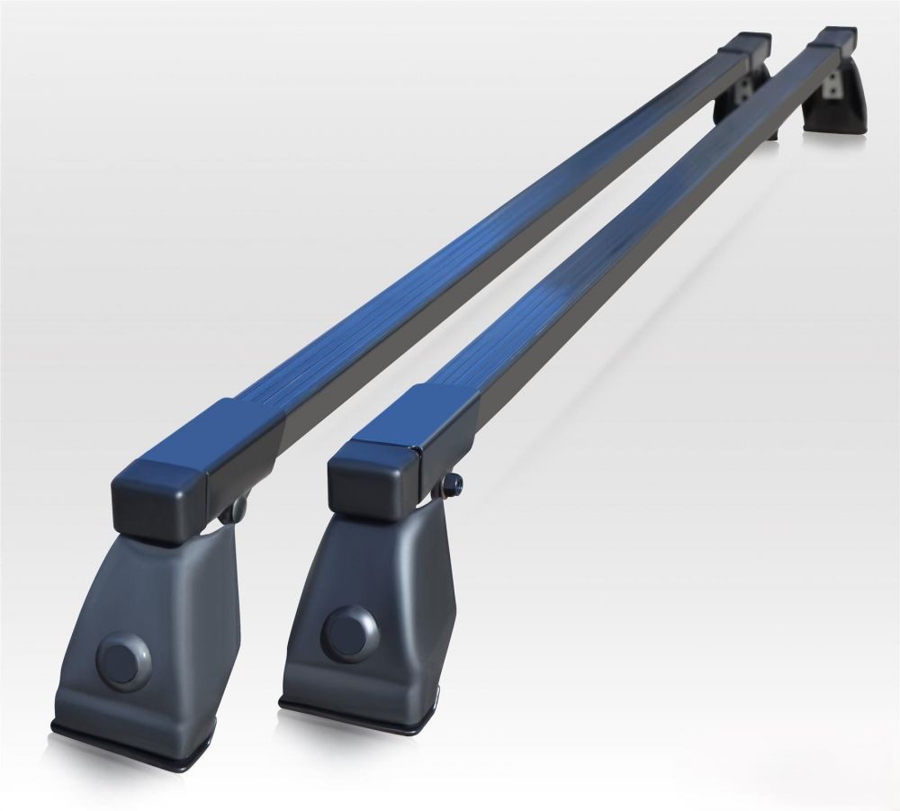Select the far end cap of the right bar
pyautogui.click(x=837, y=41)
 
